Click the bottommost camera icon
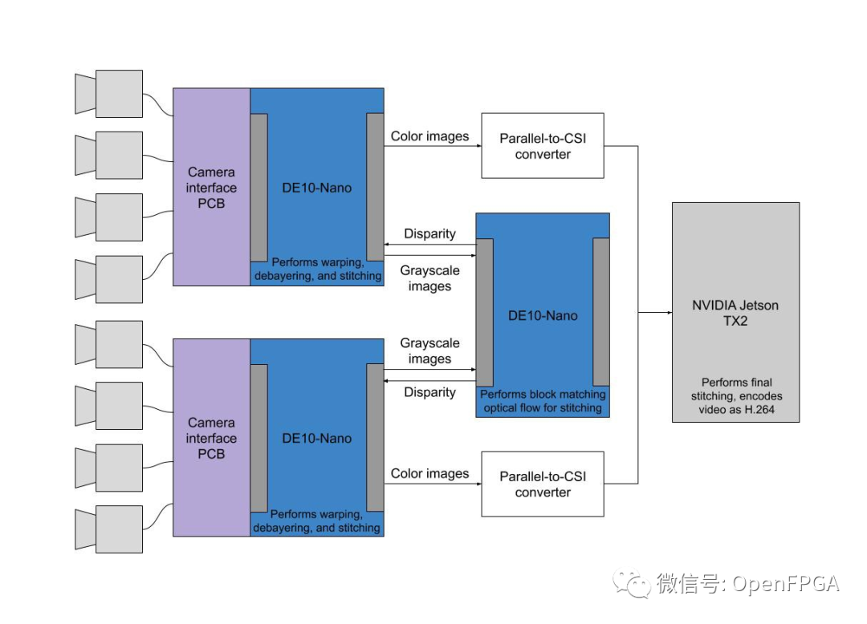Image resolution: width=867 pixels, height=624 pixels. tap(110, 529)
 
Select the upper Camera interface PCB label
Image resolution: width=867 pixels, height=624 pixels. tap(212, 188)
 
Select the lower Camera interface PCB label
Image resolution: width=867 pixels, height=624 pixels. tap(212, 438)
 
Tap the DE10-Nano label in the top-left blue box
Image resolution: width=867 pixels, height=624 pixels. tap(316, 188)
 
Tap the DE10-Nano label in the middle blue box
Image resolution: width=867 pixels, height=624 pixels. tap(543, 315)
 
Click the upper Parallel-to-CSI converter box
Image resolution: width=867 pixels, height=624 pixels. tap(543, 146)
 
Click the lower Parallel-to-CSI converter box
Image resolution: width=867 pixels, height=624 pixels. tap(543, 484)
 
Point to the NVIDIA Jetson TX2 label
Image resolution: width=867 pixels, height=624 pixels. tap(735, 313)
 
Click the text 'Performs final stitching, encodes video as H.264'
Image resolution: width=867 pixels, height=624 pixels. tap(736, 397)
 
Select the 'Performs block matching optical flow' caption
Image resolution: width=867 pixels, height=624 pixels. tap(543, 401)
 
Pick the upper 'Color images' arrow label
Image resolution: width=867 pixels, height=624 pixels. tap(429, 136)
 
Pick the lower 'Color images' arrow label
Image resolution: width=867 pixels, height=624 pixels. tap(429, 473)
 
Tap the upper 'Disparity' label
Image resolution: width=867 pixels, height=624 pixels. tap(429, 234)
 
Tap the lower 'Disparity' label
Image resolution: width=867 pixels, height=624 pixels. tap(429, 392)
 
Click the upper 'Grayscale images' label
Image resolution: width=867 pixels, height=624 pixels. tap(429, 278)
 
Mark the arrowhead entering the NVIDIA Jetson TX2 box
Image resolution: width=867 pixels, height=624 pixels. tap(668, 312)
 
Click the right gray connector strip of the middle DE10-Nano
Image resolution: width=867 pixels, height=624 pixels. tap(601, 312)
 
